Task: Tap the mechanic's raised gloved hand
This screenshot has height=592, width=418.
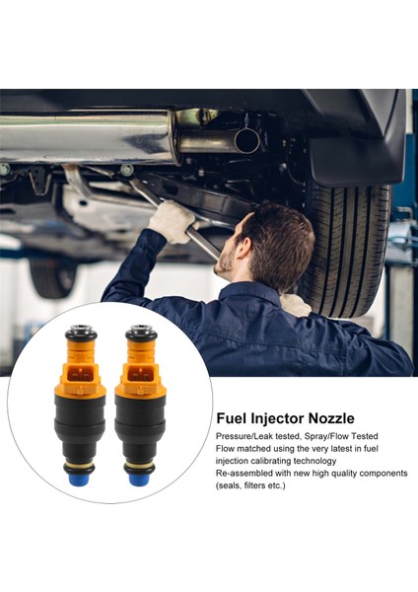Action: pyautogui.click(x=171, y=222)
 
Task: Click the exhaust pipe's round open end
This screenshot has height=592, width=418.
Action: pyautogui.click(x=245, y=141)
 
